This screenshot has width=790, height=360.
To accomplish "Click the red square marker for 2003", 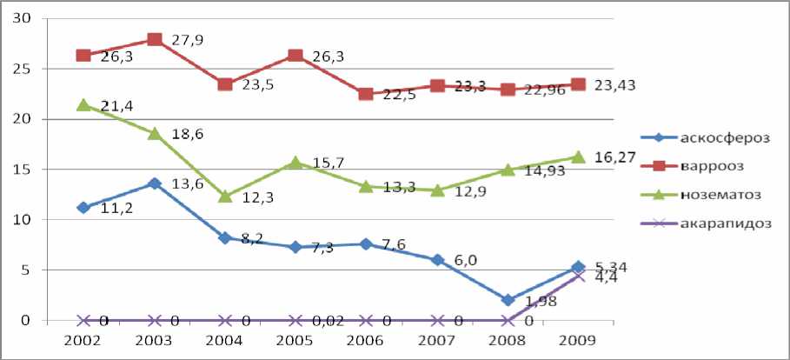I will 155,39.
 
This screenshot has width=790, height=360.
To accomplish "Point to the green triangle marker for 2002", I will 83,105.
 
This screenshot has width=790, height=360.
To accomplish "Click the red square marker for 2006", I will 366,94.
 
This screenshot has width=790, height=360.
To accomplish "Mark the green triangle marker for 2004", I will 225,197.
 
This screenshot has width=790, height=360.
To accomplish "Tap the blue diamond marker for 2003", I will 155,183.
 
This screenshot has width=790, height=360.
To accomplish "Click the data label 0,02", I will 327,322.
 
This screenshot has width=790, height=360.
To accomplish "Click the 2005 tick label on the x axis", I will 295,339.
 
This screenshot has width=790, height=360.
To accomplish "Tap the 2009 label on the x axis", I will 577,339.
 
